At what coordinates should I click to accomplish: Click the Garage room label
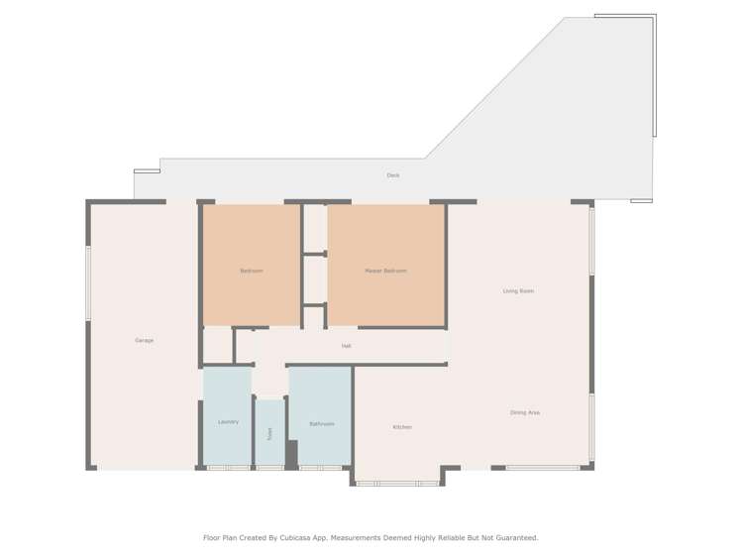point(145,340)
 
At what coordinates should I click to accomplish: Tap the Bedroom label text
point(252,271)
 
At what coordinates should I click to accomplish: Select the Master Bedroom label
point(385,271)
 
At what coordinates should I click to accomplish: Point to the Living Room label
point(518,290)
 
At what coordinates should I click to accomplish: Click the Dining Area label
point(525,412)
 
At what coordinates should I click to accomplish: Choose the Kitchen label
point(402,427)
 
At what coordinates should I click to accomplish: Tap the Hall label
point(346,346)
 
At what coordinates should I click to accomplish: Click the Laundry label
point(228,422)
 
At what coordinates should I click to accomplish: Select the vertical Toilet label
point(268,433)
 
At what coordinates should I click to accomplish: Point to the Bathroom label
point(321,423)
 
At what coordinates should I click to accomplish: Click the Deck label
point(393,175)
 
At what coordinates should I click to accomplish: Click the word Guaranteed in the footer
point(514,537)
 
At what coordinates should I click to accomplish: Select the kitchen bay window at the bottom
point(397,484)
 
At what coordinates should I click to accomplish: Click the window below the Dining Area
point(542,467)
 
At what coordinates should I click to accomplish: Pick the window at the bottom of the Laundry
point(229,467)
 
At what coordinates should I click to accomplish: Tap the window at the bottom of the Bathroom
point(321,467)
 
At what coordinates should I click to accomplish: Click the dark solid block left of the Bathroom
point(292,453)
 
